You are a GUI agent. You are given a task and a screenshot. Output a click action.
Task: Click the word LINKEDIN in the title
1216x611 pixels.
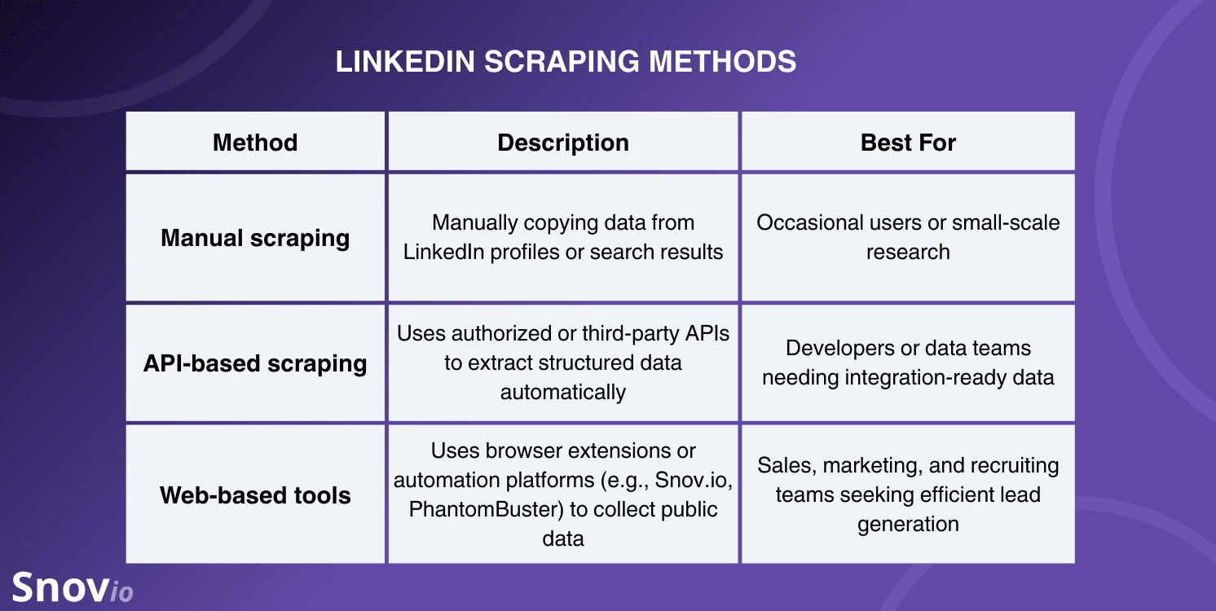[405, 61]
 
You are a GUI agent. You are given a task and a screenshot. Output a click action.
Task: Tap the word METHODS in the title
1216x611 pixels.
[723, 61]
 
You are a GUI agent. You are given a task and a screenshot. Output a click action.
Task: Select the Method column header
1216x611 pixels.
[255, 143]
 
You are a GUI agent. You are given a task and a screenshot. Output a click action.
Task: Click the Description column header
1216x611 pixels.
[563, 143]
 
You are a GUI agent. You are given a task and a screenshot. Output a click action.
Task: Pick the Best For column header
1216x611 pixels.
[908, 143]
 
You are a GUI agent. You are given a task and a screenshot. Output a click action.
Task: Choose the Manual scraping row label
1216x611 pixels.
[255, 238]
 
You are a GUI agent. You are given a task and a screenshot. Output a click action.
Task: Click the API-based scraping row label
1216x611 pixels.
[255, 363]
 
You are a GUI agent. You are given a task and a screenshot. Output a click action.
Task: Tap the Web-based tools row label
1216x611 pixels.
[255, 495]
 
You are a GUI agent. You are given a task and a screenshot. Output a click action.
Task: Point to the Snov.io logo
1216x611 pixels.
[73, 587]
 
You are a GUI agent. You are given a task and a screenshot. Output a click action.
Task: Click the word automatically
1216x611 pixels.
[563, 393]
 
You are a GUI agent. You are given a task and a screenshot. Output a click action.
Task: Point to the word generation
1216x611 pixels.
[908, 525]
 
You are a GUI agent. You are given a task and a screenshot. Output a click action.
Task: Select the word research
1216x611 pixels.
[908, 253]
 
